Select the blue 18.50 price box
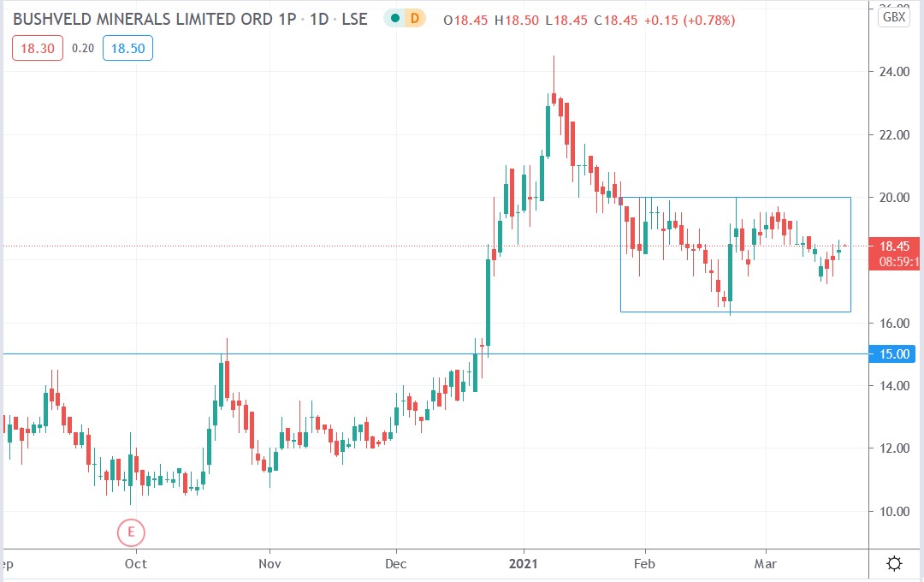127,49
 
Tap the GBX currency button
894,16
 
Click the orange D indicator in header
415,18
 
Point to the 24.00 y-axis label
894,72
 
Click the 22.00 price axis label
894,135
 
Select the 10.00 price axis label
894,512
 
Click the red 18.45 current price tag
894,246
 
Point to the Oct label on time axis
135,564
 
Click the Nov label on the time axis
269,564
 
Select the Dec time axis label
396,564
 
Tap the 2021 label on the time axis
524,564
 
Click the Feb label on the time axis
644,564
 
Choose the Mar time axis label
765,564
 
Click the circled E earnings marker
131,532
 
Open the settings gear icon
894,564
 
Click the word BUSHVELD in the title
51,18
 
